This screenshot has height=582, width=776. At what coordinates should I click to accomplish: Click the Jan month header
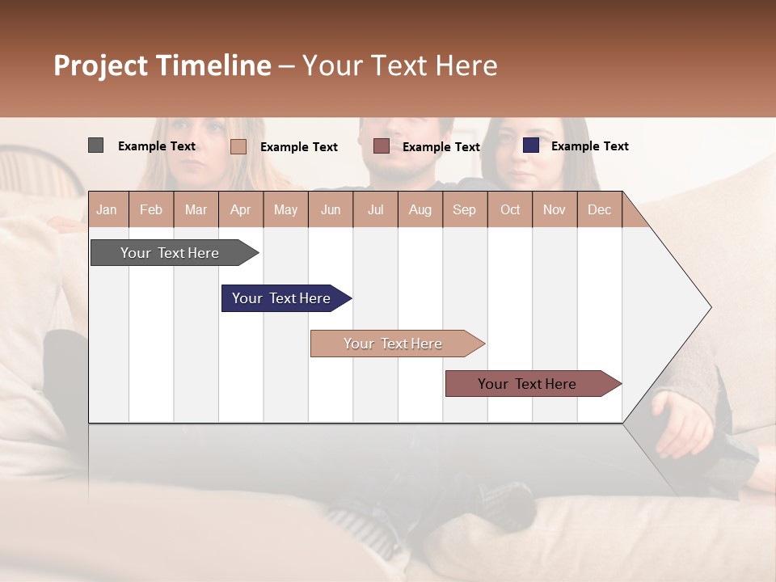click(107, 209)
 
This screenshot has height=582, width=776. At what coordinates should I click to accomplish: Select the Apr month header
click(240, 209)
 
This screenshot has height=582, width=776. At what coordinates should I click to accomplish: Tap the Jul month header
click(375, 209)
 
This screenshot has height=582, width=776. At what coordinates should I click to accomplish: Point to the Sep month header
click(464, 209)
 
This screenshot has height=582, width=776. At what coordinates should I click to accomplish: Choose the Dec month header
click(599, 209)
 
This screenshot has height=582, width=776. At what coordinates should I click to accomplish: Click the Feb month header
click(151, 209)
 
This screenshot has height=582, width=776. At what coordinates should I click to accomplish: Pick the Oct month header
click(510, 209)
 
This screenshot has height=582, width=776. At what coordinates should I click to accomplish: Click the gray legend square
click(95, 145)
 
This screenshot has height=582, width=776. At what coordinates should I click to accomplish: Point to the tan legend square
click(238, 146)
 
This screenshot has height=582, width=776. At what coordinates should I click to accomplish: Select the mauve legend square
click(382, 146)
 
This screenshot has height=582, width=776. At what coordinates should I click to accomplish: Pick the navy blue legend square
click(530, 145)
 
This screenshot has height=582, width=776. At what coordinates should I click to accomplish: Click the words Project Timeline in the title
click(162, 65)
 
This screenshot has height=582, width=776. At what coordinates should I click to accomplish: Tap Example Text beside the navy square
click(589, 146)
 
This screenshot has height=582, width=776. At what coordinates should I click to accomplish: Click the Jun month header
click(331, 209)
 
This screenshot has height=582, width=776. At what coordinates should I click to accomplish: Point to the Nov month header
click(555, 209)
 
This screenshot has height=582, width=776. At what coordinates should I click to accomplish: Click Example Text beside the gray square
click(157, 146)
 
